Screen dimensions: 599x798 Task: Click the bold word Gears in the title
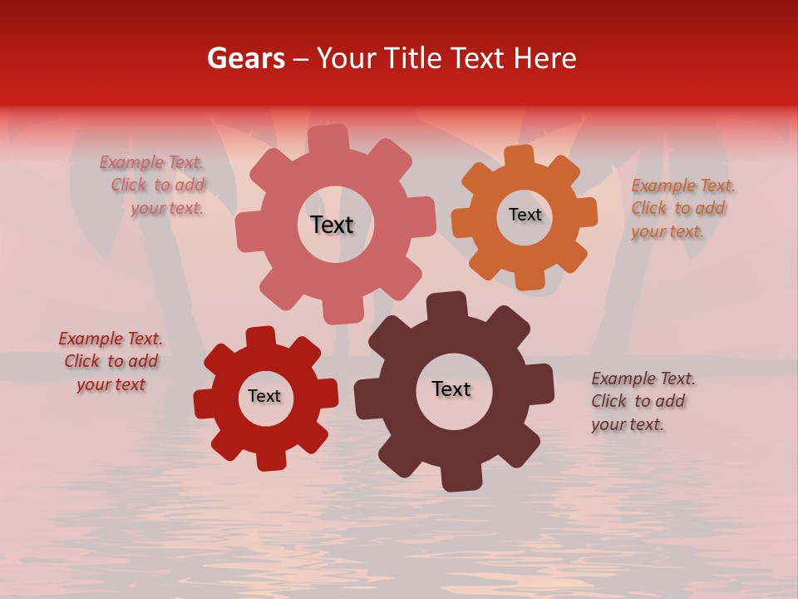click(245, 58)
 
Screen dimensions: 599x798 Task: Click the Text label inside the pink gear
click(332, 225)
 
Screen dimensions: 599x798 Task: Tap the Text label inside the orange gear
click(525, 215)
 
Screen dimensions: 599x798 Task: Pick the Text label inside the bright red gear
click(264, 396)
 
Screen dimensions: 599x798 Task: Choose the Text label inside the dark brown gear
click(451, 389)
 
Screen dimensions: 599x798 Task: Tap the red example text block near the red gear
click(111, 362)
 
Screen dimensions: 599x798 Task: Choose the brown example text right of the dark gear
click(641, 402)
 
